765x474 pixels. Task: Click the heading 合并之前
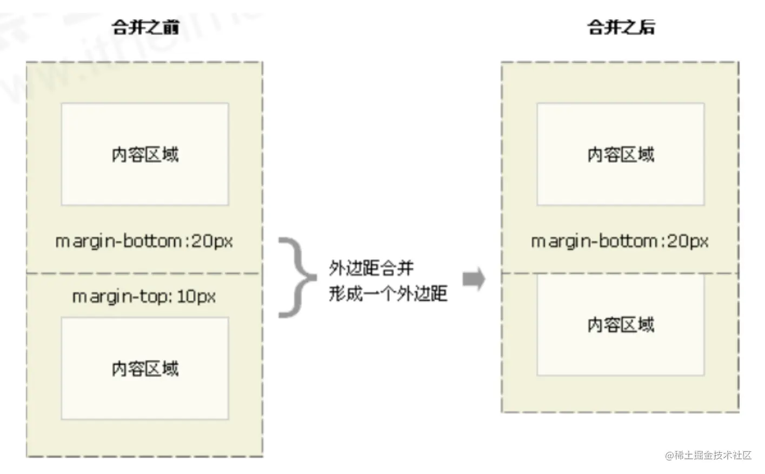coord(145,27)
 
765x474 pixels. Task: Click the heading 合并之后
coord(621,27)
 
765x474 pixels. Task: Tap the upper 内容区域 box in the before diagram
coord(145,154)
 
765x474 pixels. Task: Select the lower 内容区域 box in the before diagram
coord(145,368)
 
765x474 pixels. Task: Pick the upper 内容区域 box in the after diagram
coord(621,154)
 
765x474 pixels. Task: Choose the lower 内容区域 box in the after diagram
coord(621,325)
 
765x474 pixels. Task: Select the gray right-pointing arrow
coord(474,279)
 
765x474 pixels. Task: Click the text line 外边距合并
coord(371,268)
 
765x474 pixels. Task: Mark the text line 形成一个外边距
coord(388,293)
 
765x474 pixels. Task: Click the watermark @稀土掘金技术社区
coord(708,455)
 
